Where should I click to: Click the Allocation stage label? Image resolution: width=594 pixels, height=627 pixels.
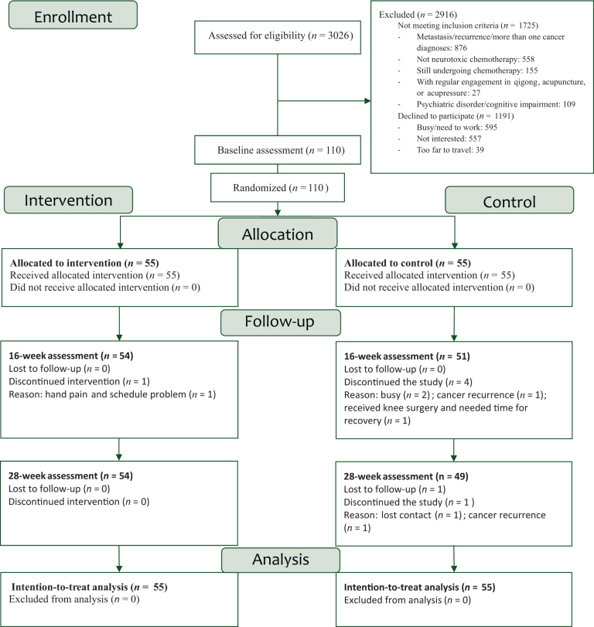[x=278, y=233]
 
